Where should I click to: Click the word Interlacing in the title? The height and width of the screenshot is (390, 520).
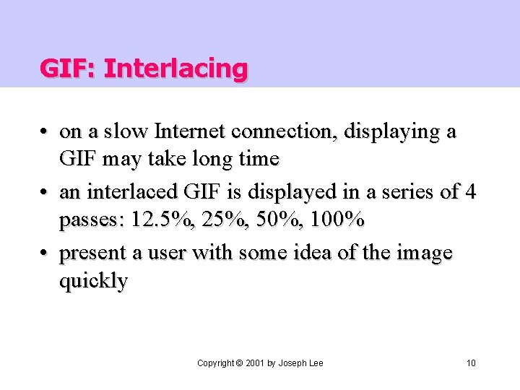pos(175,69)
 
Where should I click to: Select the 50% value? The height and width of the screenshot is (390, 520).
pos(268,220)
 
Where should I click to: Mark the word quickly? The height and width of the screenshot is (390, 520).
pos(92,282)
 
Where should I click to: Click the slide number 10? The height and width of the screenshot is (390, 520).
pos(471,363)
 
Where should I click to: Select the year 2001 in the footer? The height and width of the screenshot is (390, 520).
pos(255,363)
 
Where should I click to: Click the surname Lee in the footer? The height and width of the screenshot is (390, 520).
pos(315,363)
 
